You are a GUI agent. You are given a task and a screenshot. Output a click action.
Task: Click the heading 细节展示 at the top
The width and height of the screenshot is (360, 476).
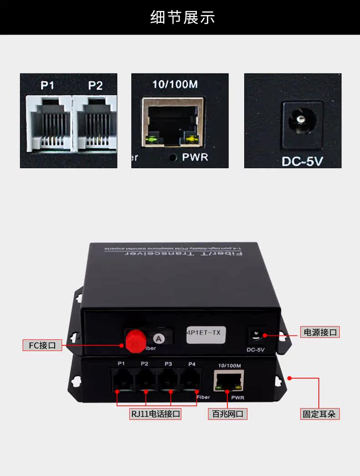[182, 17]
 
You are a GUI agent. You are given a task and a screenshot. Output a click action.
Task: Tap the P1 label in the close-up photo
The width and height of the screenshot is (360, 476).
[47, 85]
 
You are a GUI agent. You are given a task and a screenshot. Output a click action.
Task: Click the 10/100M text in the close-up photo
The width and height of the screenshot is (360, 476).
[175, 84]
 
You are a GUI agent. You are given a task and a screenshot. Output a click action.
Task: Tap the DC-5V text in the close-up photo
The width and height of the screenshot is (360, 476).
[302, 161]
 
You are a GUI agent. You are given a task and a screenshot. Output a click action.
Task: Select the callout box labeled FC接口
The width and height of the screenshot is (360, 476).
[42, 345]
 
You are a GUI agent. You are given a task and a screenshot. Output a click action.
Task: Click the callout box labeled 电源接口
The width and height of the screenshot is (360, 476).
[320, 332]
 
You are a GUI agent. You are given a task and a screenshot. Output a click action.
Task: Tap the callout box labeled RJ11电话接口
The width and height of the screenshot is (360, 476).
[155, 414]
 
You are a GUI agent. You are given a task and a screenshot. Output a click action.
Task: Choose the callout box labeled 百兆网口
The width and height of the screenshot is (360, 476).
[228, 414]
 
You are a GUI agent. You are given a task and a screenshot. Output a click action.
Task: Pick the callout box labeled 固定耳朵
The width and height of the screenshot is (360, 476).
[320, 414]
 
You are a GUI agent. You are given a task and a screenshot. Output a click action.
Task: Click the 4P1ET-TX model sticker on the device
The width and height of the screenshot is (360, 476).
[205, 333]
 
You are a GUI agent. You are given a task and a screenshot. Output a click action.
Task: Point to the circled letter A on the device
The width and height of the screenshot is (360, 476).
[158, 338]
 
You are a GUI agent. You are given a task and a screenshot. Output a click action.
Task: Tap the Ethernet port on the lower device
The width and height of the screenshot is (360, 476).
[229, 381]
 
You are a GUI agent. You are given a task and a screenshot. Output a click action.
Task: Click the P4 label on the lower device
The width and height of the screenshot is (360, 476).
[192, 363]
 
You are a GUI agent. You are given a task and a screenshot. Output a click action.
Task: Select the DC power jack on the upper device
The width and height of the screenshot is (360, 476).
[255, 335]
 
